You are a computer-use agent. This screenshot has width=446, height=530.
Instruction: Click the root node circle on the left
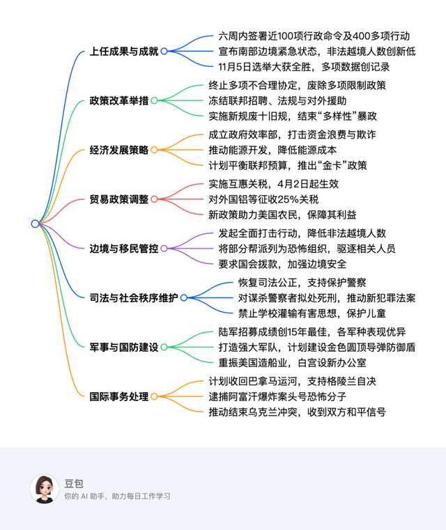coord(35,224)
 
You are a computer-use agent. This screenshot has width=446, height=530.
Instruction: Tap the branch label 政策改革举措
coord(119,100)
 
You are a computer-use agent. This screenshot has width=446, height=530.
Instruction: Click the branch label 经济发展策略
coord(119,150)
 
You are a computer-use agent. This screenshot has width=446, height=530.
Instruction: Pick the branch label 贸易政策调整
coord(119,199)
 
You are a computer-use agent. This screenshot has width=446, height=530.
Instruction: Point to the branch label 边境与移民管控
coord(124,248)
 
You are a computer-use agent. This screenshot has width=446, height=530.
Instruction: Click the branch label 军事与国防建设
coord(124,347)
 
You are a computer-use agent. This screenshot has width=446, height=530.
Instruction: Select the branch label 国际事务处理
coord(119,396)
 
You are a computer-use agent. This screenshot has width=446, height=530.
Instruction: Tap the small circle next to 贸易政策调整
coord(155,199)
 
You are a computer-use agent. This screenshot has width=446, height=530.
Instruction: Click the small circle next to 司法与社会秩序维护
coord(184,297)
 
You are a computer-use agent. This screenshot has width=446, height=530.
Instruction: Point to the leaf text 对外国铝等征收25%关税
coord(263,199)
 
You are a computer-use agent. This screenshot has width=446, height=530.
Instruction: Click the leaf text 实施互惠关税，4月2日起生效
coord(273,184)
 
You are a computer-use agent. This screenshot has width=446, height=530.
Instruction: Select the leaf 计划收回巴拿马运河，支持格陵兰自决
coord(293,382)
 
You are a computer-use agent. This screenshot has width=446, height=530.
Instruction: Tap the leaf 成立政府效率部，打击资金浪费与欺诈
coord(293,134)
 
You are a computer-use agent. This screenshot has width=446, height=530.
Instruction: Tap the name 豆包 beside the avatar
coord(73,482)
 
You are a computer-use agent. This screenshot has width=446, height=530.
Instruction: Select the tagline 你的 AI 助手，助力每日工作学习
coord(117,497)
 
